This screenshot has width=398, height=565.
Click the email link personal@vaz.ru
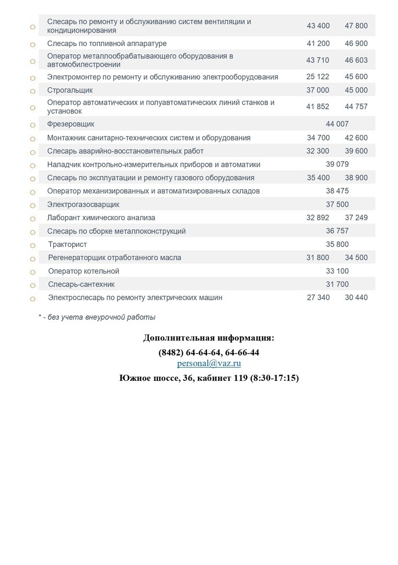click(x=209, y=364)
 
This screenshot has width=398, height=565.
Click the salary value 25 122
click(x=318, y=77)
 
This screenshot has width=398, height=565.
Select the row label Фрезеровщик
click(x=71, y=125)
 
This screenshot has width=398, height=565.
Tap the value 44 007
click(x=337, y=125)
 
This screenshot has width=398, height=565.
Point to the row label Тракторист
click(x=67, y=244)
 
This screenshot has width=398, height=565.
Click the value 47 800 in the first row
click(x=356, y=26)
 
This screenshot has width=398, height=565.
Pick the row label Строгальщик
click(x=70, y=91)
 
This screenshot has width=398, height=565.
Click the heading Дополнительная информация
click(x=208, y=338)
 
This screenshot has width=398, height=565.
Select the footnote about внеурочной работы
click(x=97, y=317)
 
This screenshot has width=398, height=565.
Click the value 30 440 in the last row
click(x=356, y=298)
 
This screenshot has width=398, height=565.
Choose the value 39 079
click(x=337, y=164)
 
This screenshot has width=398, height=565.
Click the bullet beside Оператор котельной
click(x=32, y=272)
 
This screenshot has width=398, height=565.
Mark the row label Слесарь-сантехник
click(x=81, y=285)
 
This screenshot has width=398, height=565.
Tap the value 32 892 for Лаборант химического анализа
click(x=318, y=218)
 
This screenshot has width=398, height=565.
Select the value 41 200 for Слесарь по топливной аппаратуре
click(x=318, y=44)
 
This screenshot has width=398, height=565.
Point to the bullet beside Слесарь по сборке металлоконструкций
click(x=32, y=232)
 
